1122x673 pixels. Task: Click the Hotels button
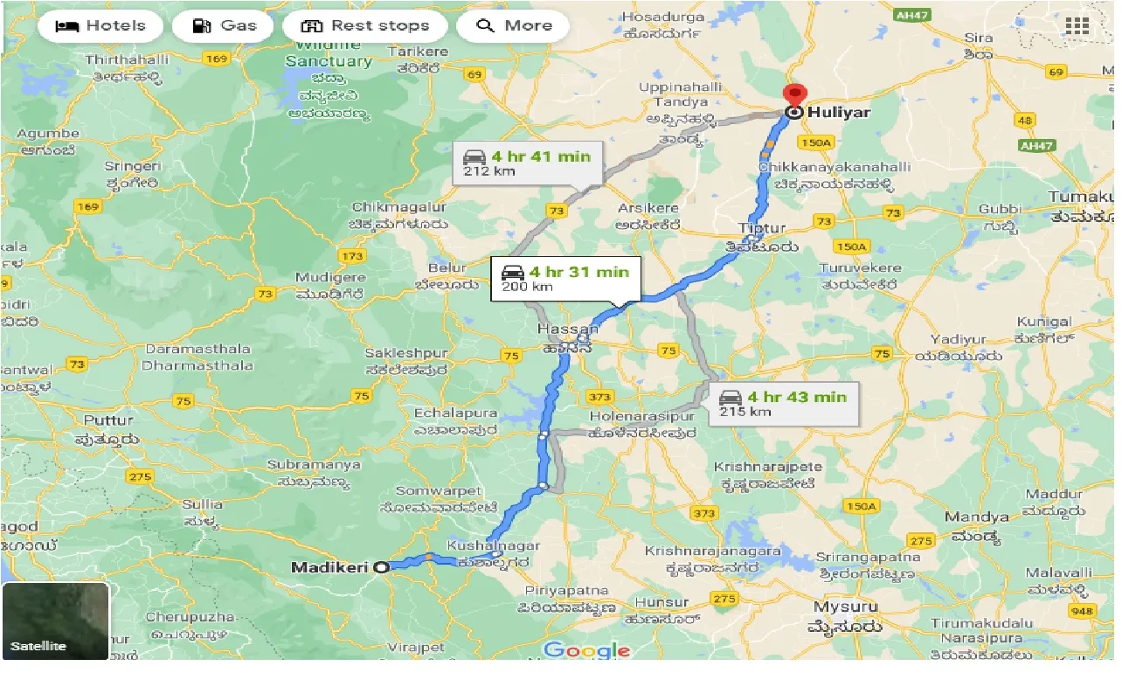click(x=100, y=26)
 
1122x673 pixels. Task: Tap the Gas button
click(x=225, y=26)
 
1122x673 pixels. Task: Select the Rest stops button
click(x=364, y=26)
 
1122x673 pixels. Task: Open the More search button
click(x=513, y=26)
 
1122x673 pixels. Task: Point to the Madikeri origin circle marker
click(x=381, y=567)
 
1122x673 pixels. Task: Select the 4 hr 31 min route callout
click(x=564, y=279)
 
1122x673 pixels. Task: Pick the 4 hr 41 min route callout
click(x=527, y=163)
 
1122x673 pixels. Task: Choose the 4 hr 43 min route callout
click(x=782, y=403)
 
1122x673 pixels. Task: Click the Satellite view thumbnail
click(x=56, y=621)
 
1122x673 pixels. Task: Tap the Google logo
click(x=586, y=650)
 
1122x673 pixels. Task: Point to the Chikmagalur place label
click(x=398, y=208)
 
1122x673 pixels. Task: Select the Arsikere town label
click(x=648, y=209)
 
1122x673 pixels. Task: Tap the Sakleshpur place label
click(x=405, y=354)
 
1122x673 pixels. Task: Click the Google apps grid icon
click(x=1077, y=26)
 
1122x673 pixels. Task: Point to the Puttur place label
click(x=109, y=420)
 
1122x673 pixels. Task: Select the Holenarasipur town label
click(x=642, y=416)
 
